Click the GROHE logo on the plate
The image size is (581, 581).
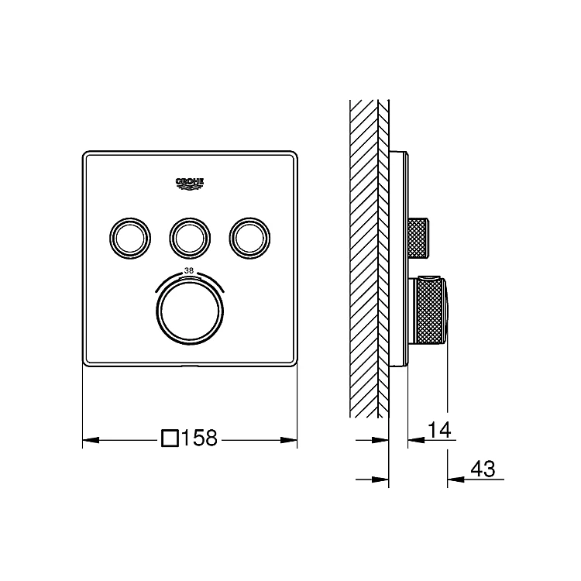click(x=190, y=184)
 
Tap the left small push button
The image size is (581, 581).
click(x=130, y=238)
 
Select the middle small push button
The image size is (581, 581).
click(x=190, y=238)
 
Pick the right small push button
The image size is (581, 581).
click(x=249, y=238)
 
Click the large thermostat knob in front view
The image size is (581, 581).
click(x=190, y=311)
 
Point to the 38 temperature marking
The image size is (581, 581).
click(x=189, y=270)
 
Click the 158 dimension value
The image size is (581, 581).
click(x=199, y=438)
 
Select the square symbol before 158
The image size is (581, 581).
click(x=170, y=438)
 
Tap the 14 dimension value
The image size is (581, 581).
click(x=439, y=430)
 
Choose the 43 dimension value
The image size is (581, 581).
click(x=483, y=469)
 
